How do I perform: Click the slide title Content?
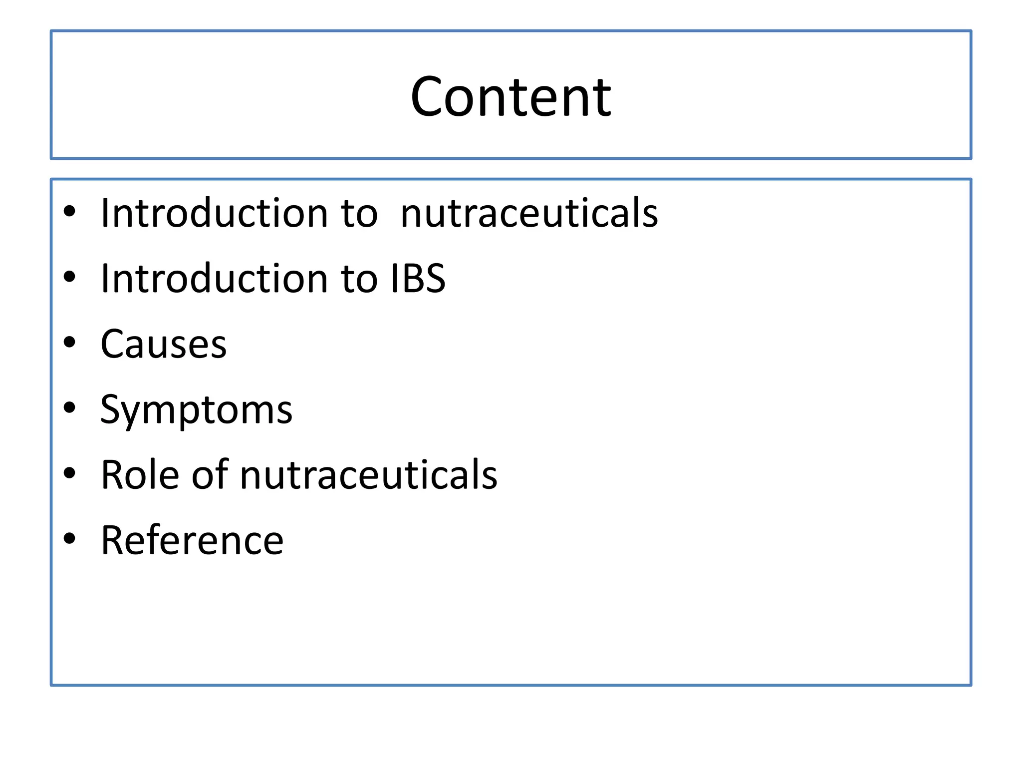pos(511,96)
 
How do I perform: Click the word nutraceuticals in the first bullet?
pos(529,213)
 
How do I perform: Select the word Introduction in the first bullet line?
pos(214,213)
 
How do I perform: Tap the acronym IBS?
pos(418,278)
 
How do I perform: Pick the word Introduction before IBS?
pos(214,278)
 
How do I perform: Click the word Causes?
pos(164,344)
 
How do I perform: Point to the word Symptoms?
pos(196,410)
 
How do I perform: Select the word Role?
pos(140,474)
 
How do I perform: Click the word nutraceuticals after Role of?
pos(368,474)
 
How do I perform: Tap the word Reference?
pos(192,540)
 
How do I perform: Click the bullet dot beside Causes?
pos(69,343)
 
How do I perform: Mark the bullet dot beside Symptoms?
pos(69,408)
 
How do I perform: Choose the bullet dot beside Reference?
pos(69,538)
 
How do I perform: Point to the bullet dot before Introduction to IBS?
pos(69,277)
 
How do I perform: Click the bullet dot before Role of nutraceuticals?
pos(69,473)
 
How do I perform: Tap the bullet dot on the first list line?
pos(69,211)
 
